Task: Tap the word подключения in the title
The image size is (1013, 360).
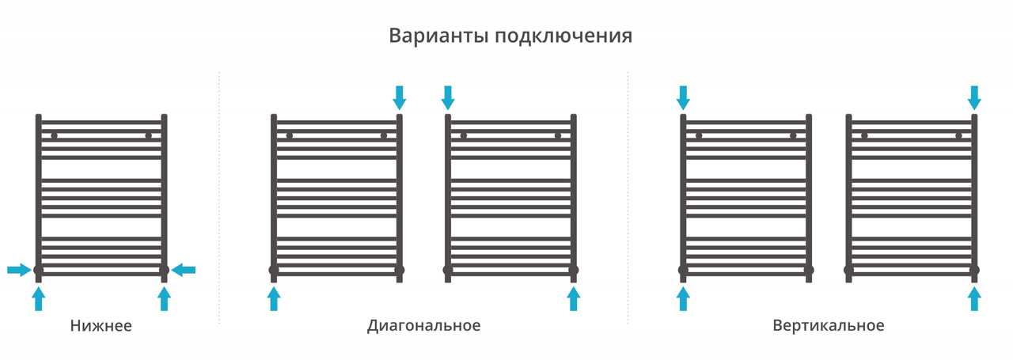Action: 563,36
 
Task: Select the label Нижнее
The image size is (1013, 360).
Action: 101,326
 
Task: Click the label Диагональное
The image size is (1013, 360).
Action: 423,326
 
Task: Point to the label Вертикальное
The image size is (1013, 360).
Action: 829,326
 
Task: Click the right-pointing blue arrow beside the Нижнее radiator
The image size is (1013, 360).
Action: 19,271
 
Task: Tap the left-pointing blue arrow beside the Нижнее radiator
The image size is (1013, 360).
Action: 183,271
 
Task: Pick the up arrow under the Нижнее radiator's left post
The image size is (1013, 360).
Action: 39,299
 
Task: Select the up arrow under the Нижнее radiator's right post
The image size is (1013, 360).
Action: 164,299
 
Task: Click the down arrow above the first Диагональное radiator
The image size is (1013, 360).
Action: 400,97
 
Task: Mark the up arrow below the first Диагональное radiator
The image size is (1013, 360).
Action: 274,299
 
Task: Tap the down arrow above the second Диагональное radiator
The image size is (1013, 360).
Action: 448,97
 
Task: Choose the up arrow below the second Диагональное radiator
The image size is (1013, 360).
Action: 574,299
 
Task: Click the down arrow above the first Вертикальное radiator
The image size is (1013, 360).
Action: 683,97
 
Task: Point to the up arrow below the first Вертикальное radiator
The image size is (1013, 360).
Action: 683,299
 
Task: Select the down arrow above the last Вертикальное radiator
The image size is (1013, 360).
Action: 974,97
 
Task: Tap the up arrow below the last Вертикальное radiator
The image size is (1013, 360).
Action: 974,299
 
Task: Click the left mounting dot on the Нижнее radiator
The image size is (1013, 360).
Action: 55,135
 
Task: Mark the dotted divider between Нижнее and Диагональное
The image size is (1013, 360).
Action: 219,198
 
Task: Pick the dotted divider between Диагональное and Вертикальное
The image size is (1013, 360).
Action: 628,198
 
